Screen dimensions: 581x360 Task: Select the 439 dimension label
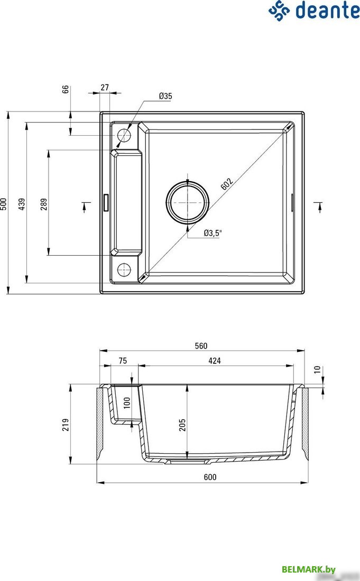22,203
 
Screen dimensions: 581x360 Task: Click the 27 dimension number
104,88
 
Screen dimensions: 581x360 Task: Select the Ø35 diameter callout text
165,96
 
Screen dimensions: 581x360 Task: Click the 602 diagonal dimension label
226,184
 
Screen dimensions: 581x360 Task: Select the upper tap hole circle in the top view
123,135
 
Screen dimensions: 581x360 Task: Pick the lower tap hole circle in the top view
123,269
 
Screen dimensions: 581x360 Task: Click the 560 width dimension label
201,346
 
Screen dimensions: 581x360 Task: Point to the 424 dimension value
214,361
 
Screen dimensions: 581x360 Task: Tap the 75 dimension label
122,361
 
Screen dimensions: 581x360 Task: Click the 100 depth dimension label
126,404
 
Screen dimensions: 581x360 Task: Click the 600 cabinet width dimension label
210,477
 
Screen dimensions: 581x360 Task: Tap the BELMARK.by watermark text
309,569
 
